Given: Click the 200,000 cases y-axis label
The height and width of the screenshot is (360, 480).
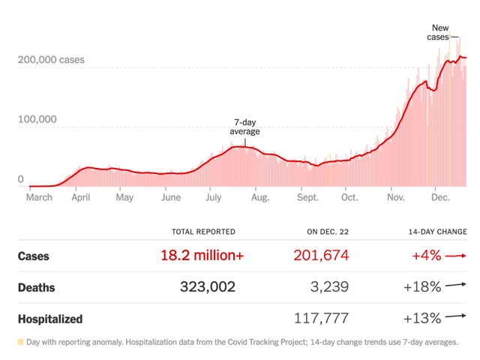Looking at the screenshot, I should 51,60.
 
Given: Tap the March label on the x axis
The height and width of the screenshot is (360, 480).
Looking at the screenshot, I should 40,198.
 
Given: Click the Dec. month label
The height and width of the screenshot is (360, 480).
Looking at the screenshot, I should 441,198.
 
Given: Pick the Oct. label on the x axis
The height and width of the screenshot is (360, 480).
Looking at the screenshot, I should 349,198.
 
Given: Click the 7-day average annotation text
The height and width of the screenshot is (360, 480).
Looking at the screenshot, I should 246,127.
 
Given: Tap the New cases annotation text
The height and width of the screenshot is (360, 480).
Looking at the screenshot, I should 440,32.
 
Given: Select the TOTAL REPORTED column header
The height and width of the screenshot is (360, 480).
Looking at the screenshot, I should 203,232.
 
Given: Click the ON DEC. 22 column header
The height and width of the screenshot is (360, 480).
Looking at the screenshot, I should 324,232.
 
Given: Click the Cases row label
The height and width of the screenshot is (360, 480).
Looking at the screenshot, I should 34,256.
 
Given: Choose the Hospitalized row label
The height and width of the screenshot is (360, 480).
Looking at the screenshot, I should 50,319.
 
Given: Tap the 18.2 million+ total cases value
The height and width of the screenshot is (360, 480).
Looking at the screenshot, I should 202,256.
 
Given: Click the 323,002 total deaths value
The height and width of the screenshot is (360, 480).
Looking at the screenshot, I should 208,287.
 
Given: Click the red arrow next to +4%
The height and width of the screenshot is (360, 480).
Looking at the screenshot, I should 455,256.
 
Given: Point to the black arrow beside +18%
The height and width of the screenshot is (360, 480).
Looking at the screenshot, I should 455,285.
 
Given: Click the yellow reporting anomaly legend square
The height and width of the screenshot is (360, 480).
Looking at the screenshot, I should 20,342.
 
